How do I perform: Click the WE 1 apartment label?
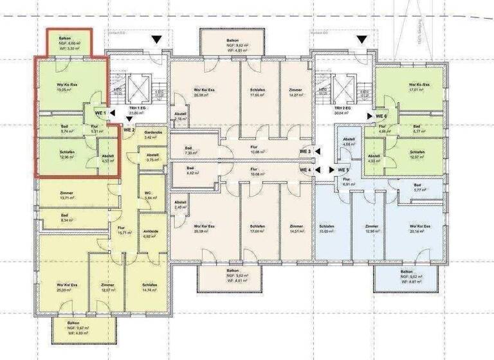coord(100,114)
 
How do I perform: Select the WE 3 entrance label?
coord(306,151)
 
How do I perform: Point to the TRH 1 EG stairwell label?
coord(136,110)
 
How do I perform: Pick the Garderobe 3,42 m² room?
coord(151,135)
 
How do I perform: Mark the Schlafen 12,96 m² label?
coord(64,155)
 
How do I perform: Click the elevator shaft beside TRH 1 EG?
coord(136,87)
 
